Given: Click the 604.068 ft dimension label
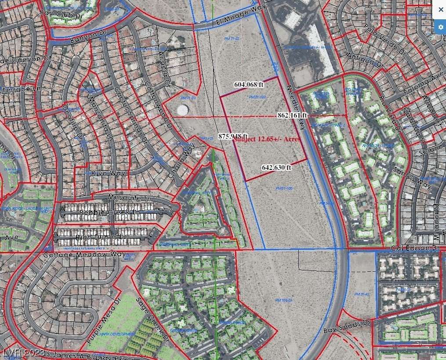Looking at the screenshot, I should tap(249, 85).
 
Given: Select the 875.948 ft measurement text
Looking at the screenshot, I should tap(233, 136).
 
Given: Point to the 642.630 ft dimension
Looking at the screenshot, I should tap(276, 167).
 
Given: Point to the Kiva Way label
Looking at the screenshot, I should tap(109, 173).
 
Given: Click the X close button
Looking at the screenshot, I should tap(441, 9).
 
